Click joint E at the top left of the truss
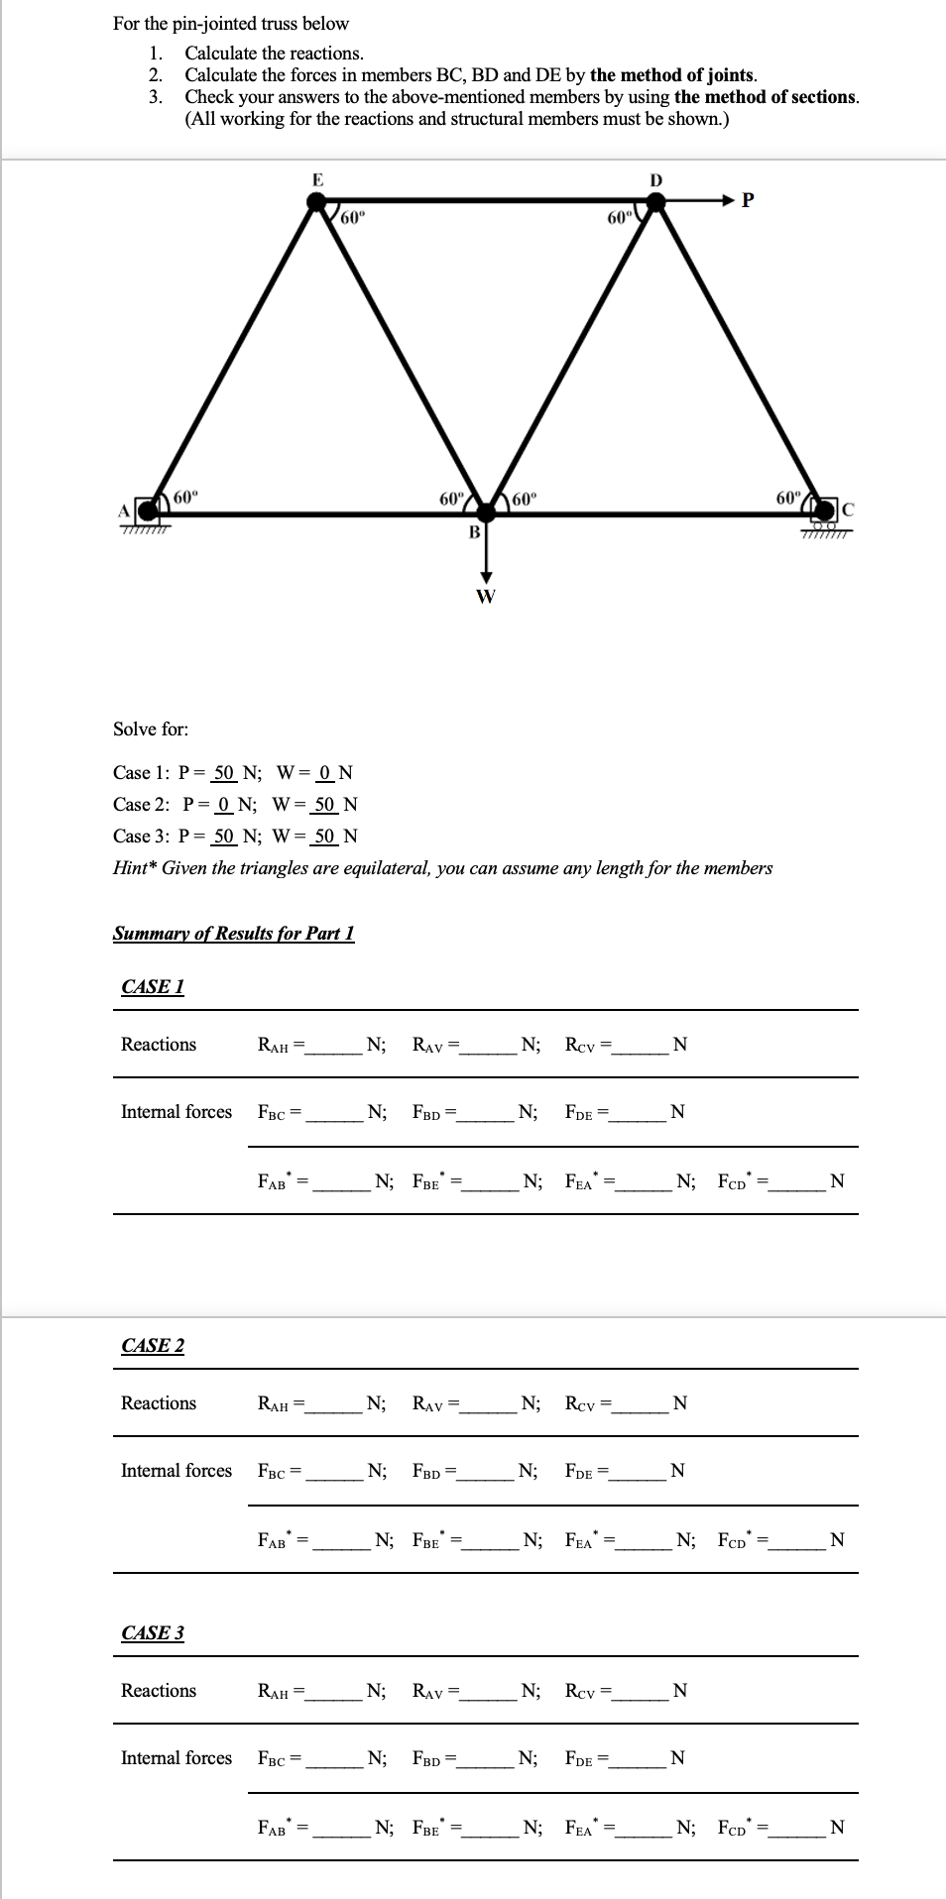click(317, 202)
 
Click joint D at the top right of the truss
click(654, 202)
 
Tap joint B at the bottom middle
click(486, 512)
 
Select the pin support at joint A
click(148, 511)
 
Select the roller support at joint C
click(823, 510)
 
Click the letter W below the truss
click(485, 596)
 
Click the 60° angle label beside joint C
click(788, 497)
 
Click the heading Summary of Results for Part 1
click(233, 934)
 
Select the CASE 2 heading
click(153, 1346)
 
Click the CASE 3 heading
click(153, 1633)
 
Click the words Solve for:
click(151, 729)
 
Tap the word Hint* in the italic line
click(134, 868)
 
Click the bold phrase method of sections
click(766, 97)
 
